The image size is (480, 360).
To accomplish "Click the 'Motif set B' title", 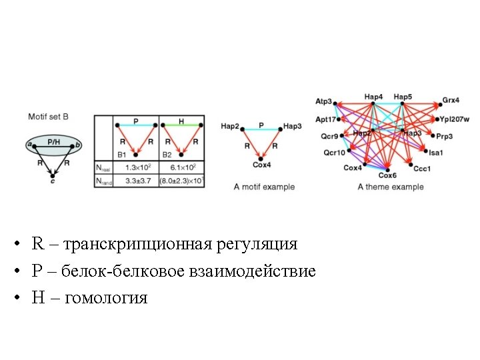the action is (48, 117).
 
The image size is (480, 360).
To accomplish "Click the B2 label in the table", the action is (167, 155).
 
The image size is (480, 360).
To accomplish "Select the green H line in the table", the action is (181, 125).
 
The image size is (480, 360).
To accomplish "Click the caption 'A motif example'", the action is (264, 187).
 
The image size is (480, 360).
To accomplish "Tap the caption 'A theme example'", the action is (390, 187).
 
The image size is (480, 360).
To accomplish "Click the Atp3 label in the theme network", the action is (323, 101).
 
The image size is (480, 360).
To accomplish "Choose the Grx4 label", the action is (451, 101).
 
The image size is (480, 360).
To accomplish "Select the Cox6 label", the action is (387, 175).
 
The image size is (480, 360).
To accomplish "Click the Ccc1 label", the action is (422, 169).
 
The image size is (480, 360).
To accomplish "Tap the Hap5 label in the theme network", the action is (403, 97).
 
